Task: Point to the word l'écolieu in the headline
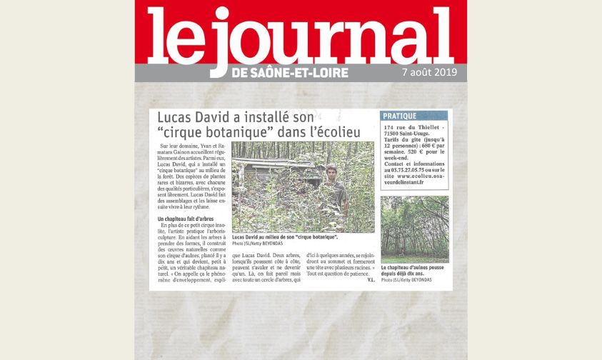[336, 132]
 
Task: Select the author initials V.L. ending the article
[370, 279]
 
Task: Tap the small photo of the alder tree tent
[414, 229]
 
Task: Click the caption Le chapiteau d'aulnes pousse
[414, 268]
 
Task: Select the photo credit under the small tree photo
[408, 280]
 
